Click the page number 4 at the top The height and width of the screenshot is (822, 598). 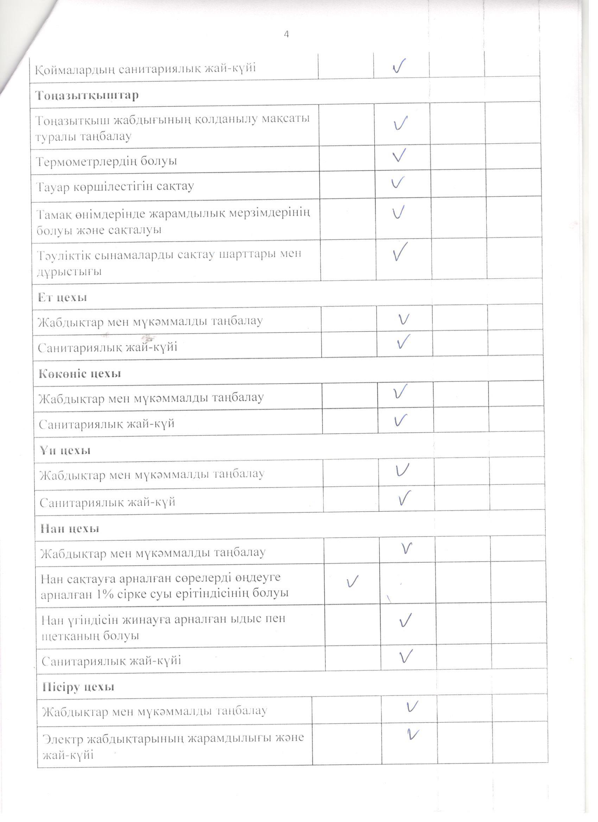286,34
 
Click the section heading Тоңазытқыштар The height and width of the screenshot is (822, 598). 87,95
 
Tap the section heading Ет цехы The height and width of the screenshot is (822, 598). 62,297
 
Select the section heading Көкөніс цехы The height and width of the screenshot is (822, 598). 80,374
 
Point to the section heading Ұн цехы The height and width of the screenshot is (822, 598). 65,450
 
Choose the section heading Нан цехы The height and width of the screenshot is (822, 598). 70,528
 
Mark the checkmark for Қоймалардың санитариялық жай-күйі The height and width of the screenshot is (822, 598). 399,66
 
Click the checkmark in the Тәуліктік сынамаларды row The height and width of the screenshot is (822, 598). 400,250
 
